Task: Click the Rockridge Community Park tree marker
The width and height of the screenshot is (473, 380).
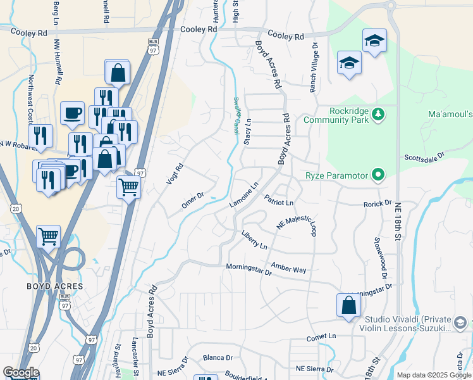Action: tap(378, 114)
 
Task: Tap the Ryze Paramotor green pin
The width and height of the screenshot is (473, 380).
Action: tap(378, 174)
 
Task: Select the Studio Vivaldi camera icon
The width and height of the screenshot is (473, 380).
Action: tap(460, 324)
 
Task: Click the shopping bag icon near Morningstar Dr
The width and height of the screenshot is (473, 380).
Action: tap(348, 305)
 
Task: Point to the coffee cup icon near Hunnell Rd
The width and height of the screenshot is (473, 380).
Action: tap(72, 113)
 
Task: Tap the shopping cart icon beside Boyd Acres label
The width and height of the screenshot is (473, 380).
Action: tap(48, 236)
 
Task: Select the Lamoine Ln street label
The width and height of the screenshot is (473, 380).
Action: tap(245, 196)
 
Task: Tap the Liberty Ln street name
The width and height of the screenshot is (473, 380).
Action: tap(254, 241)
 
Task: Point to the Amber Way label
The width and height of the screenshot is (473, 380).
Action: tap(288, 269)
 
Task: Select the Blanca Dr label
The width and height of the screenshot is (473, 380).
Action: tap(218, 358)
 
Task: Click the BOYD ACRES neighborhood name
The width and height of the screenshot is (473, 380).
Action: tap(55, 286)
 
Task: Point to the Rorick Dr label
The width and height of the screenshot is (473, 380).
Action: tap(378, 205)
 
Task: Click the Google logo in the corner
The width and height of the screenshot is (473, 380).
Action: tap(20, 372)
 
